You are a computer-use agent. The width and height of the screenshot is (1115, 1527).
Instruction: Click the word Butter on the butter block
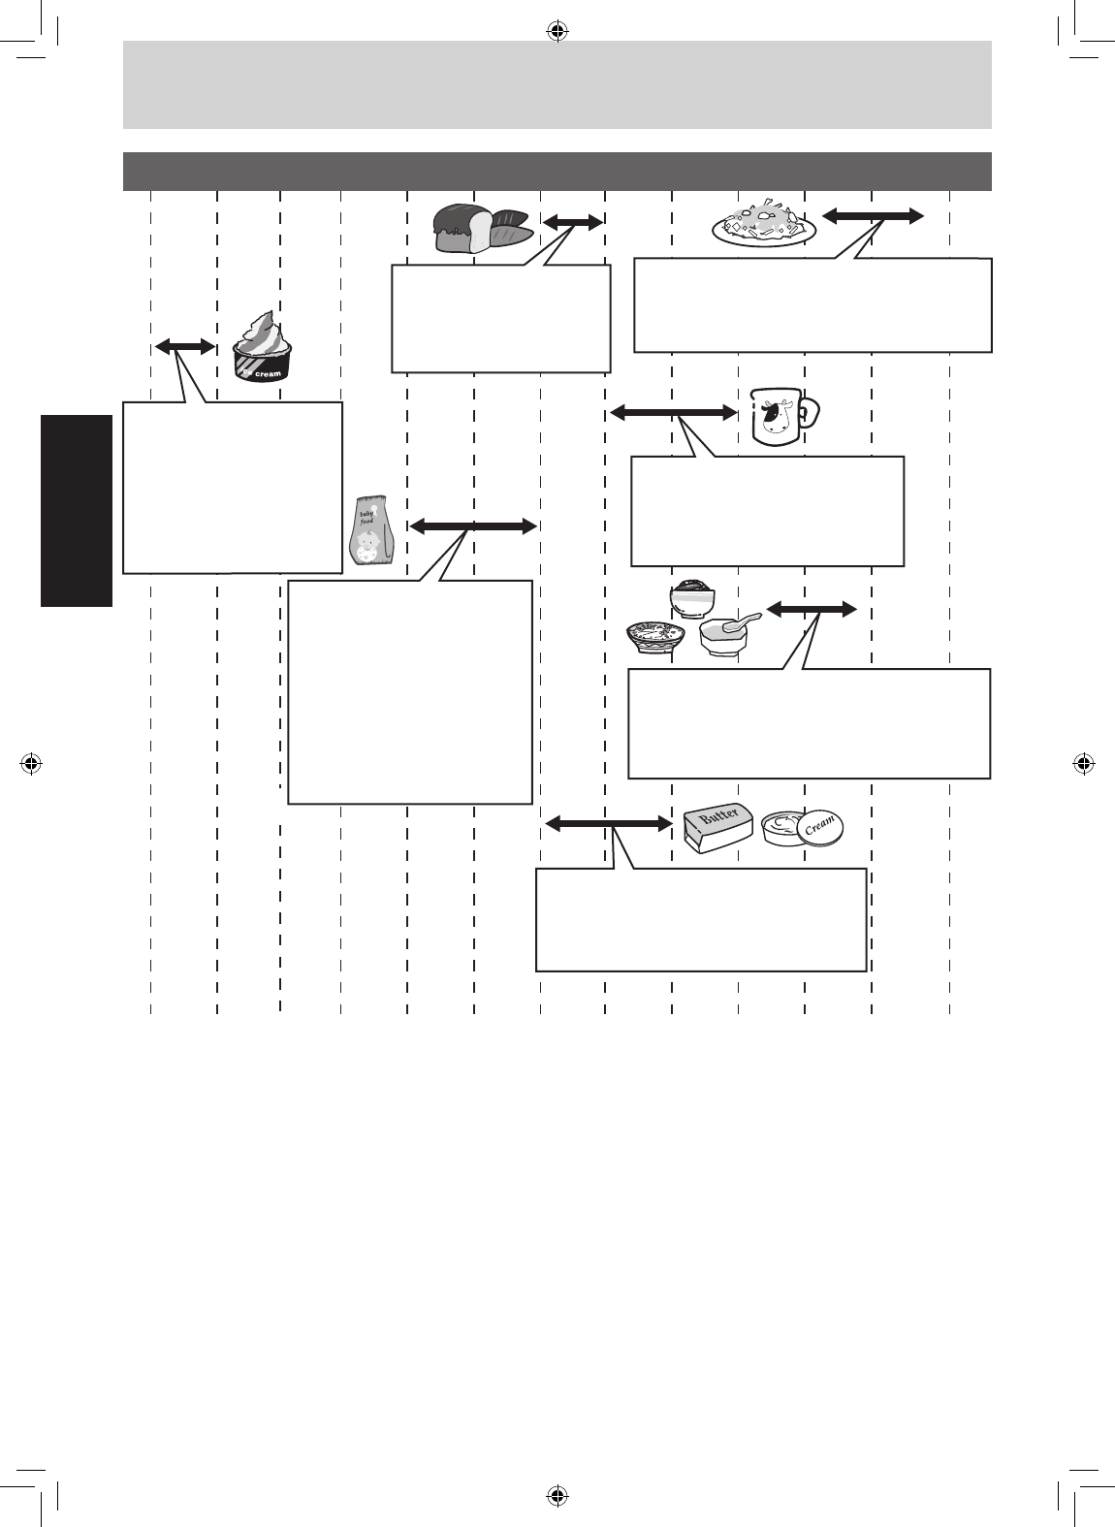pyautogui.click(x=719, y=817)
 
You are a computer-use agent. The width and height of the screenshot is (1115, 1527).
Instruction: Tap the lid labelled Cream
pyautogui.click(x=817, y=827)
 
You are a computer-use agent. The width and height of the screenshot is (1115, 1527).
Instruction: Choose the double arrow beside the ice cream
pyautogui.click(x=185, y=346)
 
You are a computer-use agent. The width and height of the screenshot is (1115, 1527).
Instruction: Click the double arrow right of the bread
pyautogui.click(x=572, y=223)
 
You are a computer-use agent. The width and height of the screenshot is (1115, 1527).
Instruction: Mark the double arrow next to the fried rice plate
pyautogui.click(x=873, y=217)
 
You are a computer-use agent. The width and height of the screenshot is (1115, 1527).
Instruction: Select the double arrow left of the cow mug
pyautogui.click(x=673, y=413)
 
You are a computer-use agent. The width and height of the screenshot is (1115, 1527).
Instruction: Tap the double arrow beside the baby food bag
pyautogui.click(x=473, y=526)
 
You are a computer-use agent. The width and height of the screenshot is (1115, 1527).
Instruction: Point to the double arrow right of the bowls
pyautogui.click(x=812, y=609)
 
